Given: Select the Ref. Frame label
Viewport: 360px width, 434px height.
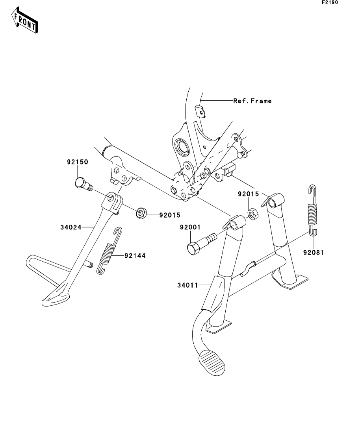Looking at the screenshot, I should (x=252, y=101).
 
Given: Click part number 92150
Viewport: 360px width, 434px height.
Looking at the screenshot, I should (x=77, y=162).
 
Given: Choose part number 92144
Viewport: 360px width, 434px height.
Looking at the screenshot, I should (x=135, y=256).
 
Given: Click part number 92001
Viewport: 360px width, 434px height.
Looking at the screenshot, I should (x=191, y=227).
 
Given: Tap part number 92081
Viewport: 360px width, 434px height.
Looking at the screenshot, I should (x=313, y=253).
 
